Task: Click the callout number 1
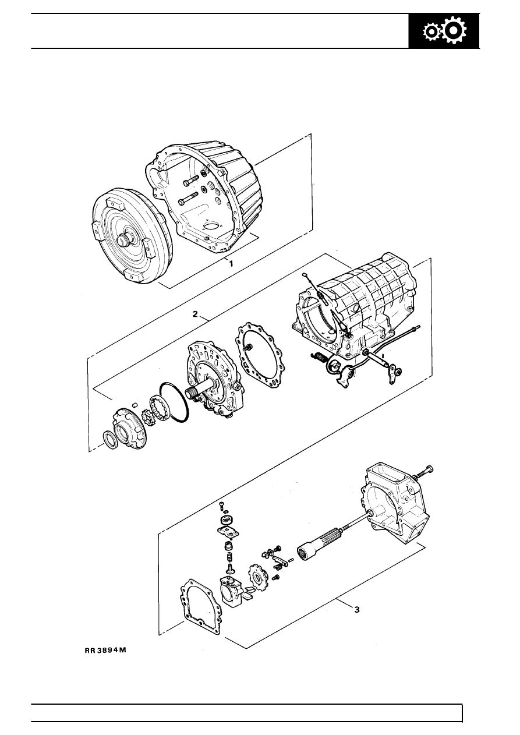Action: coord(231,263)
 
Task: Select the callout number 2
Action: coord(197,315)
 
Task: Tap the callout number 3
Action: coord(357,610)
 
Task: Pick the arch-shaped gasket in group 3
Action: coord(199,606)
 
